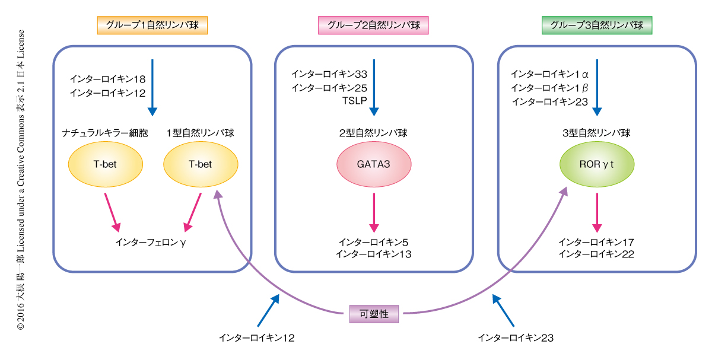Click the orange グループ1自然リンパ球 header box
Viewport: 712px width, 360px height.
coord(152,25)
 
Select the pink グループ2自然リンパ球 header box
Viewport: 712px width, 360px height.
coord(374,25)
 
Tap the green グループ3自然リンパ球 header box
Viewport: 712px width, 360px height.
coord(597,25)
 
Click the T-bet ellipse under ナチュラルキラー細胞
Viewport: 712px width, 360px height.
coord(106,164)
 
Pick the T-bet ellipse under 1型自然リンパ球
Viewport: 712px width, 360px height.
coord(200,164)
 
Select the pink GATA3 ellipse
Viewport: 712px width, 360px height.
coord(374,164)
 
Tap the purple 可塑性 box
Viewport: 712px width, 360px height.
coord(374,314)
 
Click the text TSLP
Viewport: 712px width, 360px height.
coord(354,101)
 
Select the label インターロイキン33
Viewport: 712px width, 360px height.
coord(329,74)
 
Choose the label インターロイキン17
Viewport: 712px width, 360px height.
coord(597,242)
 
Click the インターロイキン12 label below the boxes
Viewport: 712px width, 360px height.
coord(256,338)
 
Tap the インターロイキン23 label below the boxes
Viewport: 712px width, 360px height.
coord(516,338)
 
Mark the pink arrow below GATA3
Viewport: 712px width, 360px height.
coord(374,212)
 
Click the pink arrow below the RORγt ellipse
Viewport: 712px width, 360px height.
coord(597,212)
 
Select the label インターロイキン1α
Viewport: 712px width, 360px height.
coord(549,74)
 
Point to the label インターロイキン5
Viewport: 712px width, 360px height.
coord(374,242)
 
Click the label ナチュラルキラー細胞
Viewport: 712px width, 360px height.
coord(106,133)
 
